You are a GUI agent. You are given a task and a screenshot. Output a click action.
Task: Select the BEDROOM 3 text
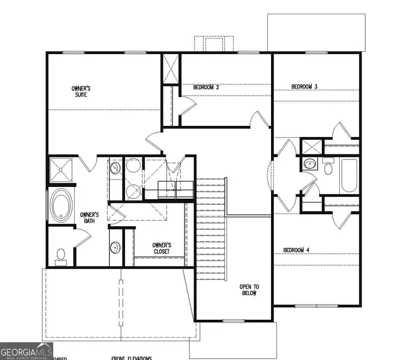click(x=304, y=86)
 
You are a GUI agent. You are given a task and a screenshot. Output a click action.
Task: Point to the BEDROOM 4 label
click(x=296, y=250)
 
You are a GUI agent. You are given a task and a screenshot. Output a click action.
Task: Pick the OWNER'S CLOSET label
click(x=161, y=248)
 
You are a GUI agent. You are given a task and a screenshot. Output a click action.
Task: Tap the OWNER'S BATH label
click(x=90, y=218)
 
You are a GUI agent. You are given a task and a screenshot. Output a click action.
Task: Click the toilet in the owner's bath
click(x=60, y=256)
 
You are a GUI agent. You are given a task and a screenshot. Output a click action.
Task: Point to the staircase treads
click(x=211, y=229)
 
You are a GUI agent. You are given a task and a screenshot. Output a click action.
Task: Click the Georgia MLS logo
click(x=26, y=351)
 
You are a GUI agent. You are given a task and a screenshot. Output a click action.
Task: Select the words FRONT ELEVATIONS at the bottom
click(x=131, y=358)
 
